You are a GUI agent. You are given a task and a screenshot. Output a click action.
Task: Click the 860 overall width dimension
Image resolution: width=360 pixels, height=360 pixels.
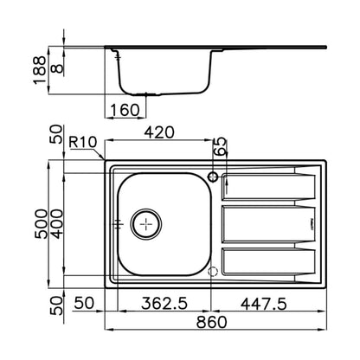click(211, 322)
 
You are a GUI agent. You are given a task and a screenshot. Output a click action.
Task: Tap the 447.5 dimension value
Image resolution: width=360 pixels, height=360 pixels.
click(264, 304)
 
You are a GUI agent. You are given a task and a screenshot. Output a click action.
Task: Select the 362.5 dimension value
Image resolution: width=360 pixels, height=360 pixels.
click(164, 304)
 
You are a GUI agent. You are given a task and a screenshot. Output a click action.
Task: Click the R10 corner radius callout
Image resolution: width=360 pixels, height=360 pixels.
click(83, 142)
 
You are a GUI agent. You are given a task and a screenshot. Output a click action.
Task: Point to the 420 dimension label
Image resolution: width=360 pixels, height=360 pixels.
click(159, 132)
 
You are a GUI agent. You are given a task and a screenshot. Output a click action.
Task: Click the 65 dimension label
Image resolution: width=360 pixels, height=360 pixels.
click(221, 147)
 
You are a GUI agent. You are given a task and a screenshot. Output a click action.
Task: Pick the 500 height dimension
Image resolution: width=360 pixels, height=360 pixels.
click(41, 224)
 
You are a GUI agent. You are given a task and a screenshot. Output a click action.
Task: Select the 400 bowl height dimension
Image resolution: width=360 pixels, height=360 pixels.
click(56, 224)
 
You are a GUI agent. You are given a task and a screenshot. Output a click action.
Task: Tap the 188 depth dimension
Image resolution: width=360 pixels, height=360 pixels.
click(40, 70)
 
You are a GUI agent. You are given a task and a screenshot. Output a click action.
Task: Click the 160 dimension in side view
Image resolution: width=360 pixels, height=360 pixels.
click(125, 110)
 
